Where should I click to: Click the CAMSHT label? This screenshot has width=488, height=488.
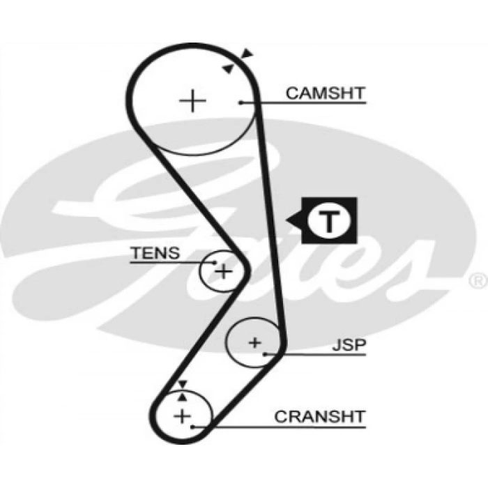(326, 93)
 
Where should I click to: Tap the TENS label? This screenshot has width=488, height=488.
(155, 253)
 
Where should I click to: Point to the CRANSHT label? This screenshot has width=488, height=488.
(320, 416)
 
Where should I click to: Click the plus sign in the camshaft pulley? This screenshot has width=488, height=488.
(193, 102)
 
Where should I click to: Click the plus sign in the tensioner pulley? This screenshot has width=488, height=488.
(222, 270)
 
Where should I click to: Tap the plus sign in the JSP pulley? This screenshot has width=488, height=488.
(254, 342)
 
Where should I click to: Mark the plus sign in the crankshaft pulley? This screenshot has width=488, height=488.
(182, 417)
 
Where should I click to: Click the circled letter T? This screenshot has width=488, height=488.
(328, 222)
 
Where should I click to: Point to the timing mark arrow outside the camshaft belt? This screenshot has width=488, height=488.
(248, 54)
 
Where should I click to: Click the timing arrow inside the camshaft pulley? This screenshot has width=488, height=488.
(228, 67)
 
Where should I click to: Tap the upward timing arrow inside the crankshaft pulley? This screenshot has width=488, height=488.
(183, 395)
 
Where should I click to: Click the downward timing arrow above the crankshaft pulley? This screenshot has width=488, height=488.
(183, 384)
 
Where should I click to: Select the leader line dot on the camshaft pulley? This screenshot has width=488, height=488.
(241, 102)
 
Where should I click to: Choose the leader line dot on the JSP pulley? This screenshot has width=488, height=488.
(266, 354)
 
